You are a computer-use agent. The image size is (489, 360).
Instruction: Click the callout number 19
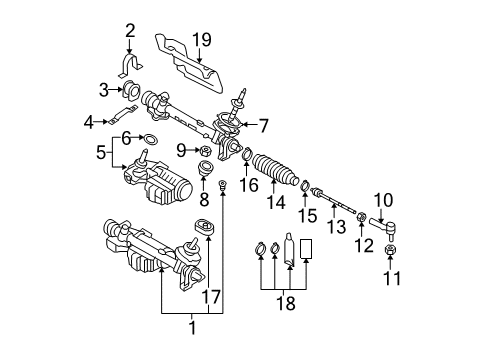coord(202,40)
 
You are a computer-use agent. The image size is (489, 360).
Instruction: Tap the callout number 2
coord(130,30)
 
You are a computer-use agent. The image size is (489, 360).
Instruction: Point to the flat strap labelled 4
coord(123,114)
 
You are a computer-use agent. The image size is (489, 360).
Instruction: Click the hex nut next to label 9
coord(206,152)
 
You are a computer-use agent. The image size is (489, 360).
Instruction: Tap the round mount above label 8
coord(205,168)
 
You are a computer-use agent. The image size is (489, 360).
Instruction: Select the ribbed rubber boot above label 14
coord(275,169)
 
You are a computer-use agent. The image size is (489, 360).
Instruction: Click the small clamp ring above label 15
coord(306,185)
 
